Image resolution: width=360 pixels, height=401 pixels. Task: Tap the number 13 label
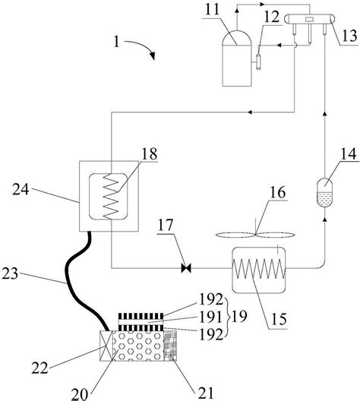click(349, 36)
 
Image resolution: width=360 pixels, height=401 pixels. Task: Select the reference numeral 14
click(349, 154)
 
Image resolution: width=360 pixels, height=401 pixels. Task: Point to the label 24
click(21, 189)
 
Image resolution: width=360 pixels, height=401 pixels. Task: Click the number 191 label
click(210, 317)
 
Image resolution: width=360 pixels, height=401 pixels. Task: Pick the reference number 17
click(166, 225)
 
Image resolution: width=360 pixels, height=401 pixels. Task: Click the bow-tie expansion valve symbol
click(186, 268)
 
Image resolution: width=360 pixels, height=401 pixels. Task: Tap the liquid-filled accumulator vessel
click(324, 193)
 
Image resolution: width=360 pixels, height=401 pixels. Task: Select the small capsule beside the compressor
click(259, 62)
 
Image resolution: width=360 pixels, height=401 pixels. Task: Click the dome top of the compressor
click(237, 38)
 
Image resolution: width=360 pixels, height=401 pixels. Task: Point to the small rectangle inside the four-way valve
click(309, 19)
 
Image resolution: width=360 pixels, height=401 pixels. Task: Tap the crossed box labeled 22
click(106, 346)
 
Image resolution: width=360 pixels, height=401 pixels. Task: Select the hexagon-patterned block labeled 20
click(137, 346)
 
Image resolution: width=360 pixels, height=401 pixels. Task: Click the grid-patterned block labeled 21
click(170, 346)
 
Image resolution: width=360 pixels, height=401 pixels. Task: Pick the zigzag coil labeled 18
click(111, 196)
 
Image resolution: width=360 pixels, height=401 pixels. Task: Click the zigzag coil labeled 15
click(258, 269)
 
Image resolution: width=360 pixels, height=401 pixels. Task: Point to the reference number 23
click(10, 273)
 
